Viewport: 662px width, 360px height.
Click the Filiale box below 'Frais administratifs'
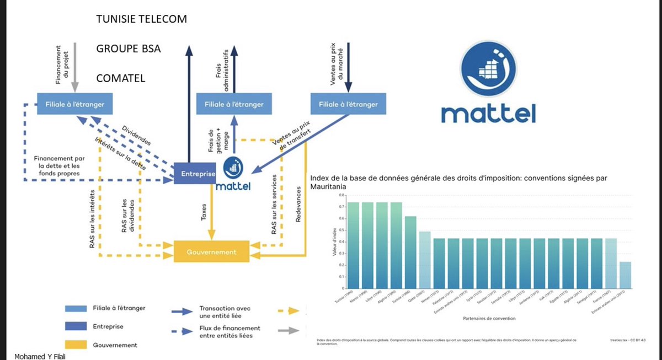tap(234, 104)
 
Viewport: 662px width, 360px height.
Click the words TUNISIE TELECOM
tap(142, 19)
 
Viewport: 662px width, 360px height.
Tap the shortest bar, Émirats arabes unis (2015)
tap(625, 275)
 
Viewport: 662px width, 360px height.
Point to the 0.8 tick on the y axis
tap(341, 195)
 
